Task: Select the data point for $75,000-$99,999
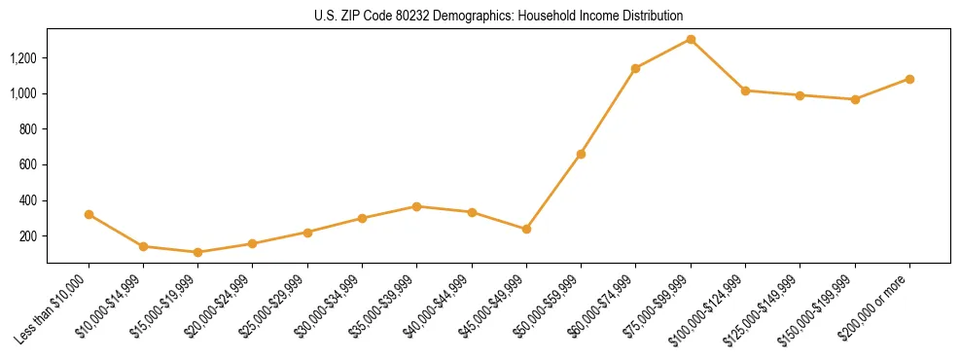pos(691,39)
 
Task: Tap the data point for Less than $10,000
pos(89,214)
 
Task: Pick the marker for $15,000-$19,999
pos(198,252)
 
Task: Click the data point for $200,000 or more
pos(909,79)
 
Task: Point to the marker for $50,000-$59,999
pos(581,154)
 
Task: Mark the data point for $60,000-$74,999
pos(635,68)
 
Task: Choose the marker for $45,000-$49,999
pos(526,229)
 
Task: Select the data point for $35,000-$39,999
pos(416,206)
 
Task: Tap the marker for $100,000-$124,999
pos(745,90)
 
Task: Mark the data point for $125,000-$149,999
pos(800,95)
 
